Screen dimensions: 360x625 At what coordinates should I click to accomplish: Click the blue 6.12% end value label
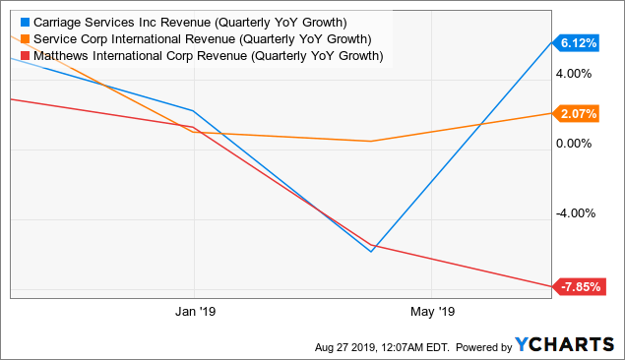coord(578,43)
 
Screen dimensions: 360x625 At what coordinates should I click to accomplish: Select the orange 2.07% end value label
coord(578,114)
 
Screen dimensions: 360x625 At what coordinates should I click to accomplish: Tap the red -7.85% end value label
coord(578,287)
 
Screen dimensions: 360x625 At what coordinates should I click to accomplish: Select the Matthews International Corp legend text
coord(208,56)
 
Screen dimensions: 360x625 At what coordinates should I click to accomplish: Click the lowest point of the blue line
coord(371,252)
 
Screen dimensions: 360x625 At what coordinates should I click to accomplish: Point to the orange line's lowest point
coord(371,141)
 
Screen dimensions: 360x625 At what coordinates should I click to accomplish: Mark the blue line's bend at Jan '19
coord(194,111)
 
